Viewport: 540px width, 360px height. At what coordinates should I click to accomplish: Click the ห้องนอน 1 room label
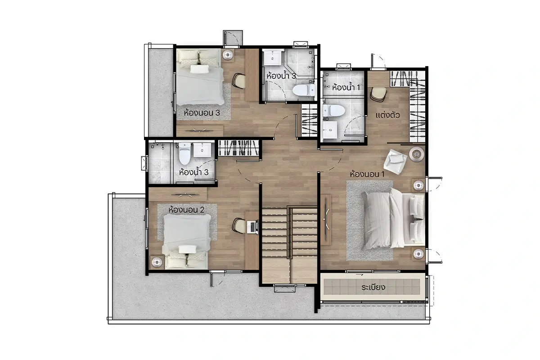(367, 174)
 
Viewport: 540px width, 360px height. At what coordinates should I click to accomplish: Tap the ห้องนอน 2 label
(186, 210)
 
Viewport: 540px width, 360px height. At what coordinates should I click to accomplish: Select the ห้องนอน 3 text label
(202, 112)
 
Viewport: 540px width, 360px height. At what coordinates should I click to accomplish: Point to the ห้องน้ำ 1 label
(346, 87)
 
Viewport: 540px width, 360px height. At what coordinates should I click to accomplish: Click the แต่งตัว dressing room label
(387, 115)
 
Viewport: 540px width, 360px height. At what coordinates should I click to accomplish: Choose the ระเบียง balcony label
(373, 287)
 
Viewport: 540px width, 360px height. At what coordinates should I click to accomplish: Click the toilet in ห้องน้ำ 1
(333, 111)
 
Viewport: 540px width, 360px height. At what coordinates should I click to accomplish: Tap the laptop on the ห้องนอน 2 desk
(252, 227)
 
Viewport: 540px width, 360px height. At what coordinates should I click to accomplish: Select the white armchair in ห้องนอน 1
(396, 161)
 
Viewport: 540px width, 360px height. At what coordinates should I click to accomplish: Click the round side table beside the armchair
(417, 154)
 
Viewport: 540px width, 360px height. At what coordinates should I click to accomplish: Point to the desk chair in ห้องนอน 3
(238, 81)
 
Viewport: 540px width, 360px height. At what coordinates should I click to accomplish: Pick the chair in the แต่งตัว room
(378, 94)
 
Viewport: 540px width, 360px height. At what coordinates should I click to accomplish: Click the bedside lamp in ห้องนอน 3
(227, 55)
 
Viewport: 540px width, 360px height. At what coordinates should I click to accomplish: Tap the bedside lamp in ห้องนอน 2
(157, 262)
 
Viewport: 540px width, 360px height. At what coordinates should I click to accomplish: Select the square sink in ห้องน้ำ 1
(330, 130)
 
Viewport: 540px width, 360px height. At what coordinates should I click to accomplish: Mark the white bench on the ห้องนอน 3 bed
(199, 69)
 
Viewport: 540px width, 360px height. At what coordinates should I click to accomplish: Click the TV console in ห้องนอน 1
(326, 220)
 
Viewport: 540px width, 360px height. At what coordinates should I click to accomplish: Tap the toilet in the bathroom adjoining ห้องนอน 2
(184, 153)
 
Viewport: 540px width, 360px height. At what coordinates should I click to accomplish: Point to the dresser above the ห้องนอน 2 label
(178, 194)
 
